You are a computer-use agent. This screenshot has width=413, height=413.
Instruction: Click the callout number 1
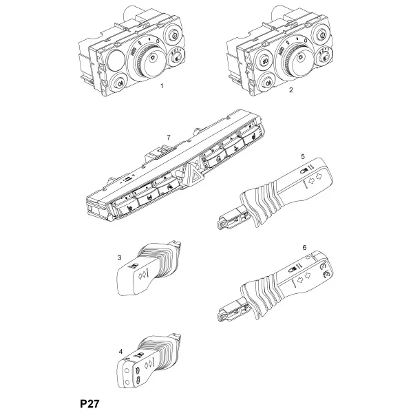pos(162,86)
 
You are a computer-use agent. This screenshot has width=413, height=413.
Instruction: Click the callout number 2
pos(290,89)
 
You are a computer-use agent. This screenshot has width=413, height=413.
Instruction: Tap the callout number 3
pos(119,257)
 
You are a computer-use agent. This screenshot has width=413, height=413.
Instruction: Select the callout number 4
pos(120,352)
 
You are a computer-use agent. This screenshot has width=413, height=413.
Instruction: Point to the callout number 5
pos(303,156)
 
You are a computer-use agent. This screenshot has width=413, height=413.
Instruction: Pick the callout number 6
pos(304,247)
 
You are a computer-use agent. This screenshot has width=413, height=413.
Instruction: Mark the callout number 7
pos(169,138)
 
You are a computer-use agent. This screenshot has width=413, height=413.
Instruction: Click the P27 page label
pos(90,403)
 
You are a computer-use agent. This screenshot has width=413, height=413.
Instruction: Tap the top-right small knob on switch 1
pos(173,34)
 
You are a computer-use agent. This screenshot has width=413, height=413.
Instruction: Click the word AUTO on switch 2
pos(281,51)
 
